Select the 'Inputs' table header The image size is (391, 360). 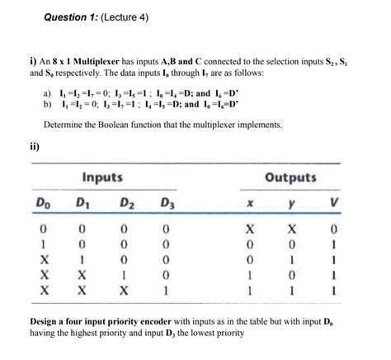[102, 177]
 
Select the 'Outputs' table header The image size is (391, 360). [290, 177]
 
